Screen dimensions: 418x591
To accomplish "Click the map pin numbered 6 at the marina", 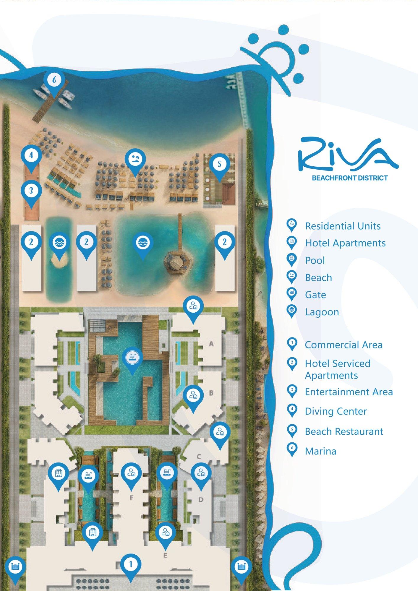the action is [x=54, y=81].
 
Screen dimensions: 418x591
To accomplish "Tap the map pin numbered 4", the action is [x=31, y=157].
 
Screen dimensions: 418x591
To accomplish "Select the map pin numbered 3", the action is [x=31, y=192].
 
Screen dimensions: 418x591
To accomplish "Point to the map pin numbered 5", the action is [x=219, y=165].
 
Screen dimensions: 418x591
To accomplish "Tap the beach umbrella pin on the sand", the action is [x=135, y=161].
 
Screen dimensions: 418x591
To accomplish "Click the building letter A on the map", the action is [x=211, y=344].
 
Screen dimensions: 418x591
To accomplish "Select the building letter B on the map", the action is [x=211, y=393].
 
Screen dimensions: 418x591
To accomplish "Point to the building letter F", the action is [x=132, y=498].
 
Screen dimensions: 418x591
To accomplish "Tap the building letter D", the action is [x=201, y=500].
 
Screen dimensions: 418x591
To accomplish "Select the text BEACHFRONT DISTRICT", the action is [x=350, y=178].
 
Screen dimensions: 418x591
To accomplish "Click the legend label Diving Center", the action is [x=336, y=411].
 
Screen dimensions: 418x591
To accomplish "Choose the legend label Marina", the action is [x=320, y=451].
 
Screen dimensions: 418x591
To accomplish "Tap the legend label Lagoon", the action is [x=322, y=312].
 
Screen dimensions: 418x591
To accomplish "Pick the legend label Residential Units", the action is [x=343, y=226].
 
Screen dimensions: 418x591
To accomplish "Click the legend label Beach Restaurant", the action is [x=344, y=431].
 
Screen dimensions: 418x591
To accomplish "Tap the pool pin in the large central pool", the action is [x=132, y=359].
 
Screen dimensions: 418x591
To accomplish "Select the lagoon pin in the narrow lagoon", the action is [x=59, y=244].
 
